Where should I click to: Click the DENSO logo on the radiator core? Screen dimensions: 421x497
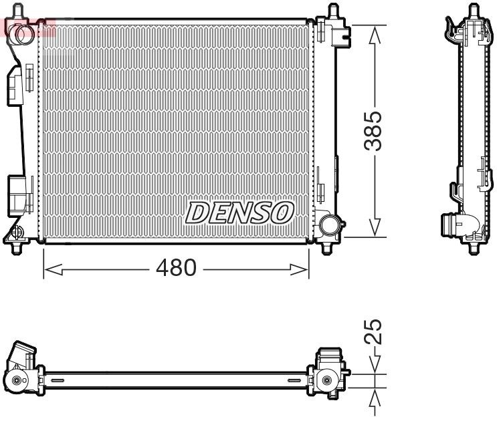[x=239, y=213]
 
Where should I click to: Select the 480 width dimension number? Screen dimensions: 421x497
[x=176, y=269]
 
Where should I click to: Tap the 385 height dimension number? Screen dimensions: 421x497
[x=377, y=130]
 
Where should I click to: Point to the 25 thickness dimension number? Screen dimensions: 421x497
[x=377, y=331]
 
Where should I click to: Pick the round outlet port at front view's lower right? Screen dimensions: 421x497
[x=328, y=224]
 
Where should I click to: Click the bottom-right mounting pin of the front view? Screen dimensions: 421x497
[x=327, y=247]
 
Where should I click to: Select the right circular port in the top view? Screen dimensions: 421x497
[x=326, y=380]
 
